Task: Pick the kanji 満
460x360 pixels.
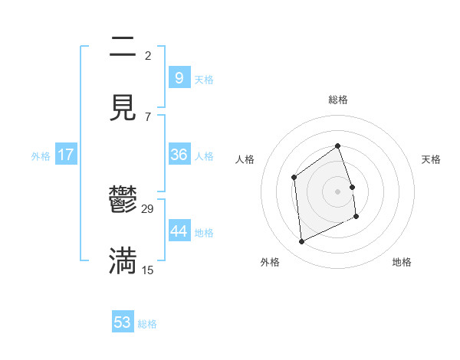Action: pos(123,260)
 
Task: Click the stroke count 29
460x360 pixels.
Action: pos(148,208)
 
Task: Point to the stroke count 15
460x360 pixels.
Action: pos(148,270)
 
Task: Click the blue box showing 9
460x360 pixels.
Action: pos(179,78)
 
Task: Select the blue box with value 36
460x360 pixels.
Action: pos(179,155)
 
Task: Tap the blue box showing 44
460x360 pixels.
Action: pos(179,231)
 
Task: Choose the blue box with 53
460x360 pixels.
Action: pos(123,322)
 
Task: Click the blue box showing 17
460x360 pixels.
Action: pos(66,155)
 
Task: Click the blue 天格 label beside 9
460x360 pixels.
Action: pos(204,80)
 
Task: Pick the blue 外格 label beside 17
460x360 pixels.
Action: pos(41,156)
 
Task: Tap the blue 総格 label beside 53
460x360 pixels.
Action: pos(147,324)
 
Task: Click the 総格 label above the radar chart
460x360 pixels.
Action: pos(338,100)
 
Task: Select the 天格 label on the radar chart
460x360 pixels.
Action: pos(431,159)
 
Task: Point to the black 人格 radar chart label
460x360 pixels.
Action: pos(245,159)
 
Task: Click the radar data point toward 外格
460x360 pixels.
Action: pos(301,242)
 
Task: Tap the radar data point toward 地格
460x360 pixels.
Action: pos(357,217)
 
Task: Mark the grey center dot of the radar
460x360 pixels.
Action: pos(338,191)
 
